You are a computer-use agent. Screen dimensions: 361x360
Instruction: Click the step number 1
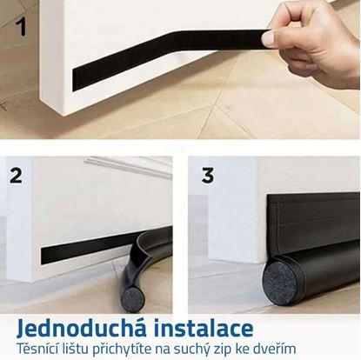click(21, 26)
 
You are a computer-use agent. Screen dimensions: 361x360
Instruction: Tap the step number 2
click(16, 176)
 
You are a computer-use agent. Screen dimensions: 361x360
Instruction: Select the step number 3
click(208, 175)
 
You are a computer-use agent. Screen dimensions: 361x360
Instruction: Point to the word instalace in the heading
click(204, 328)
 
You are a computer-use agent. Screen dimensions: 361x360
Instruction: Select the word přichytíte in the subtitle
click(122, 350)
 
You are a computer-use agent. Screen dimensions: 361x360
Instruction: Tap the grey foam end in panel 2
click(133, 300)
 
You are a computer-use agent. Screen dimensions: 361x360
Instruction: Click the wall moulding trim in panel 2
click(128, 166)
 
